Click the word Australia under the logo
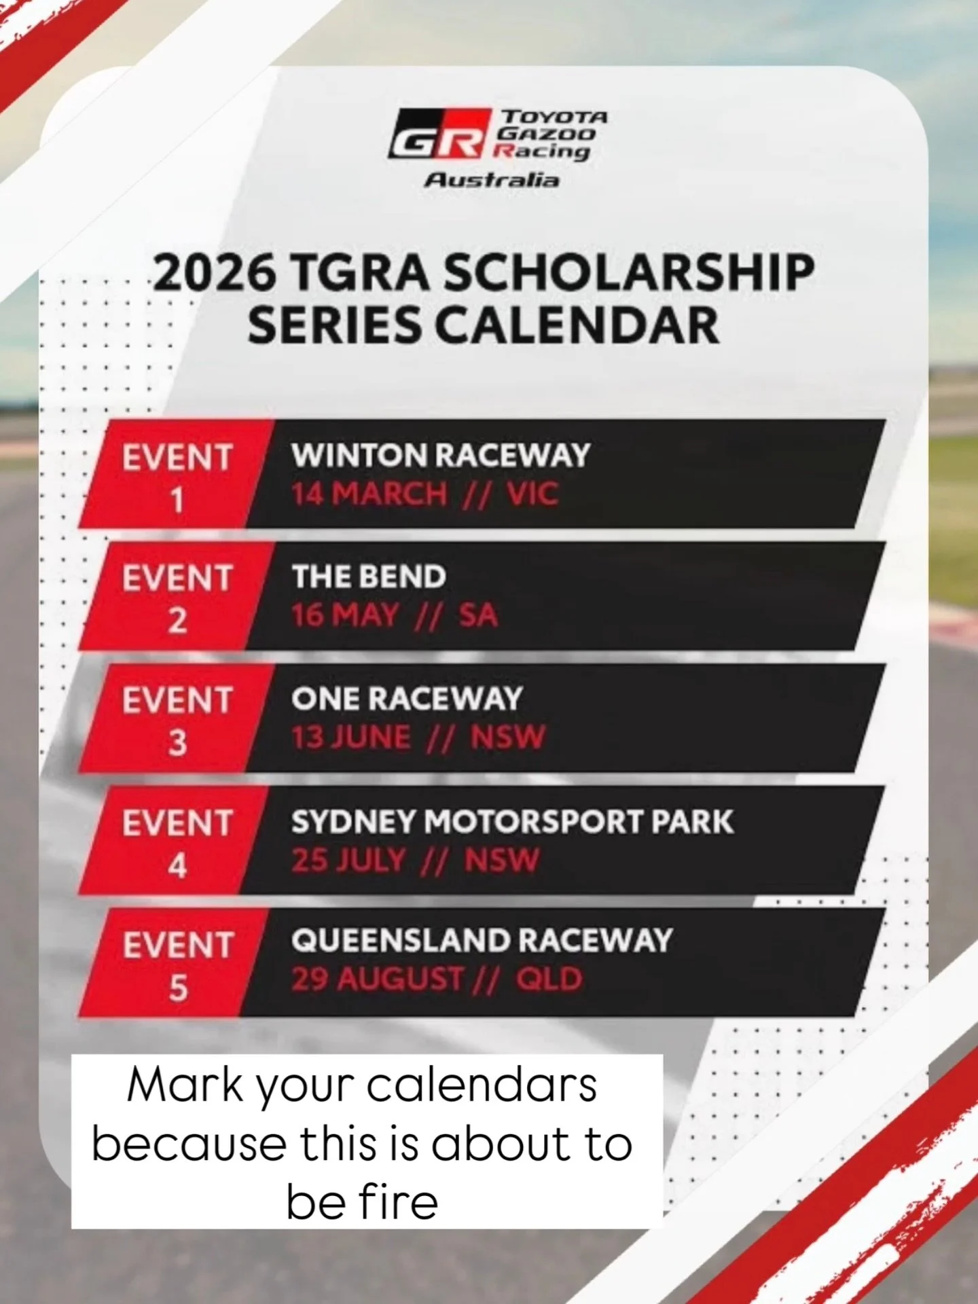492,181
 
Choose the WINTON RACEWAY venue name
441,456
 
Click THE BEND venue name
369,577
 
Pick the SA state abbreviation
478,615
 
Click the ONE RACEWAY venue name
406,700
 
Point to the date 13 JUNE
351,738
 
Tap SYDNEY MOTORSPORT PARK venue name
512,822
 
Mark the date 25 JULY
348,861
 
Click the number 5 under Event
177,987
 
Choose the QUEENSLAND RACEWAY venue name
482,941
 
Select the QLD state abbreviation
549,979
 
